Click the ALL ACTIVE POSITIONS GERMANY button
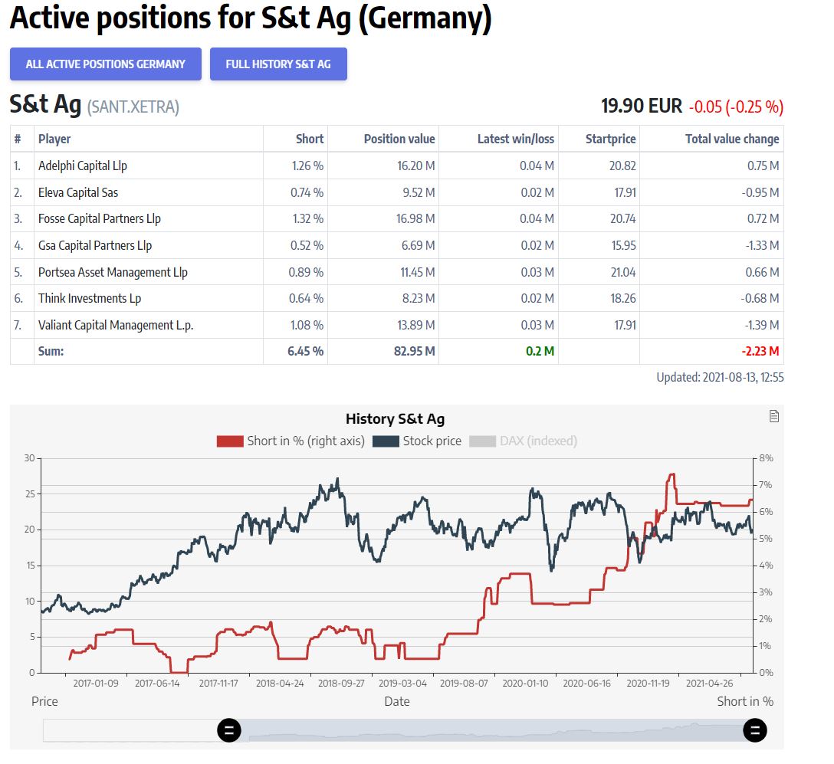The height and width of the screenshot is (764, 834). pyautogui.click(x=106, y=64)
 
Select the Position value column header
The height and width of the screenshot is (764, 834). pyautogui.click(x=399, y=139)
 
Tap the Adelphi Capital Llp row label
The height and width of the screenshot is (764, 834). pyautogui.click(x=83, y=166)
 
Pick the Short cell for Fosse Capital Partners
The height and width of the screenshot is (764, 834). pyautogui.click(x=307, y=218)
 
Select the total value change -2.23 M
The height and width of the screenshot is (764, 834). pyautogui.click(x=760, y=351)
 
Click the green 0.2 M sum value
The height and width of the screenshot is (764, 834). pyautogui.click(x=540, y=351)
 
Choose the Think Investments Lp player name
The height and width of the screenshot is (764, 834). pyautogui.click(x=90, y=298)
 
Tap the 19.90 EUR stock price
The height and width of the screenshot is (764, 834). pyautogui.click(x=641, y=106)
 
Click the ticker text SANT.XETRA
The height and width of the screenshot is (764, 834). pyautogui.click(x=133, y=107)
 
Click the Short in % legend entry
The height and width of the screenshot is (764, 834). pyautogui.click(x=291, y=441)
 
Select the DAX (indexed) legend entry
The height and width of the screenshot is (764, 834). pyautogui.click(x=523, y=441)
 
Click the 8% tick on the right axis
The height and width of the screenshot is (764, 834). pyautogui.click(x=766, y=458)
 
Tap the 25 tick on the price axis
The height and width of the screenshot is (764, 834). pyautogui.click(x=30, y=494)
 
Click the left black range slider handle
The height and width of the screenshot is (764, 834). pyautogui.click(x=229, y=730)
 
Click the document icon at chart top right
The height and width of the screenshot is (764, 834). pyautogui.click(x=774, y=416)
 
